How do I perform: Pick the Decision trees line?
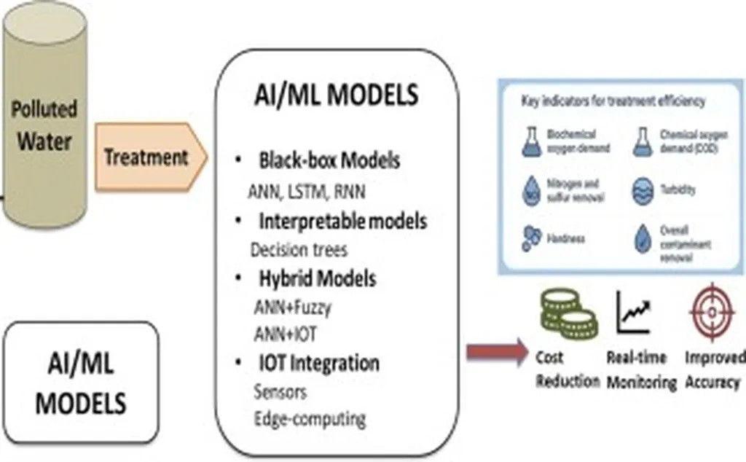point(299,249)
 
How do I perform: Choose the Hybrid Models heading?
point(318,278)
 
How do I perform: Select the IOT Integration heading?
point(319,362)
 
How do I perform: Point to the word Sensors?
point(280,391)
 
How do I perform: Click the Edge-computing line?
point(310,419)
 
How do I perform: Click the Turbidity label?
point(677,190)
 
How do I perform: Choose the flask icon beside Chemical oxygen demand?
point(640,141)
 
